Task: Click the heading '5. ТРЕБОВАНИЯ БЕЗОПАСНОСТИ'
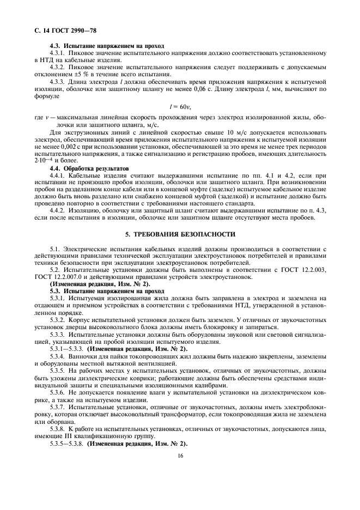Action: (180, 234)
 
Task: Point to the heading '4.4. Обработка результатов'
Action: (89, 169)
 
